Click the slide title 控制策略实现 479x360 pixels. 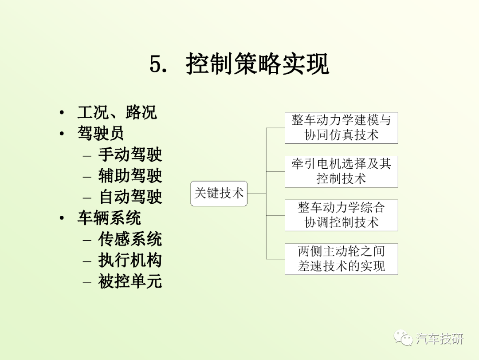(257, 63)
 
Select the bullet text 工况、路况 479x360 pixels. (117, 112)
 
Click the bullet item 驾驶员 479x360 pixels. (101, 133)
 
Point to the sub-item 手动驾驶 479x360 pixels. (130, 154)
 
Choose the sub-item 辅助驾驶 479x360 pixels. (130, 175)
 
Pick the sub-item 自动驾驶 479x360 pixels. (130, 196)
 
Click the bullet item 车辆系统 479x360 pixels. (109, 218)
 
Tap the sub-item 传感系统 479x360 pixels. (130, 239)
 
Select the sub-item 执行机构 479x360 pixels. (130, 260)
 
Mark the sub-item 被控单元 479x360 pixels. (130, 281)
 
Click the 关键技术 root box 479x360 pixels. (219, 193)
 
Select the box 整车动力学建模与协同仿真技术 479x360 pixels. (341, 128)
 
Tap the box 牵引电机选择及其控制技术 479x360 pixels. (341, 172)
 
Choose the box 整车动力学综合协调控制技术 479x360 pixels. (341, 215)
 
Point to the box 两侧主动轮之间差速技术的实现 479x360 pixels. (341, 259)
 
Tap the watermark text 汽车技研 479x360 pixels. (440, 339)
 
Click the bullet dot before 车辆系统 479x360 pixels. (62, 218)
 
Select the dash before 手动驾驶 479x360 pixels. (87, 156)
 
